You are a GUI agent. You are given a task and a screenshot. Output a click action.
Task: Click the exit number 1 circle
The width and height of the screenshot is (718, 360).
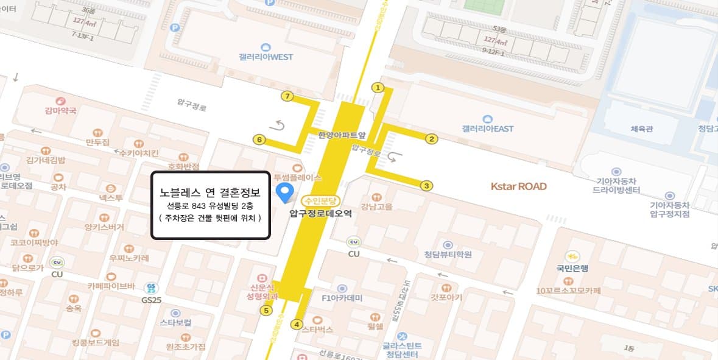(378, 88)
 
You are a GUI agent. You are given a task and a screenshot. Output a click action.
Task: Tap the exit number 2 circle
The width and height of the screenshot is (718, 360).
(431, 139)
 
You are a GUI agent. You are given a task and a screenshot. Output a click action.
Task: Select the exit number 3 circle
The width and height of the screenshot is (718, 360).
(427, 186)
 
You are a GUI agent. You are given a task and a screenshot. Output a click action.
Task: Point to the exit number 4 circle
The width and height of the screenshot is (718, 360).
(297, 324)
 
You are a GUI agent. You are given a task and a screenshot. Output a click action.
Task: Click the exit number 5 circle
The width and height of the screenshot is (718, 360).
(266, 311)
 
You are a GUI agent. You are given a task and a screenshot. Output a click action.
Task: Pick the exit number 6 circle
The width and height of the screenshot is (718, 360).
(259, 140)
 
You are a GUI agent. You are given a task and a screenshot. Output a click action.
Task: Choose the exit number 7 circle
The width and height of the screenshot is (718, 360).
(287, 96)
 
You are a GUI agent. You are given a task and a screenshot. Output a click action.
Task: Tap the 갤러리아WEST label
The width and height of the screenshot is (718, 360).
(266, 57)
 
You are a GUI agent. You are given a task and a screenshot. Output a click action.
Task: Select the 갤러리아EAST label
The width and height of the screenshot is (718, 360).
(487, 129)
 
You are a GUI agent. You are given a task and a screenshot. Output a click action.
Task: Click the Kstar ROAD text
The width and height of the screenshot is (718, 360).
(519, 186)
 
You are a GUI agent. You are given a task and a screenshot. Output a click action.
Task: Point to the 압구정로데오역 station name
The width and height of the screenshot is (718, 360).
(320, 214)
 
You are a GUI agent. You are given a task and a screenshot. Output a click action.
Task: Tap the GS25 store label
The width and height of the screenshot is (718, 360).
(151, 300)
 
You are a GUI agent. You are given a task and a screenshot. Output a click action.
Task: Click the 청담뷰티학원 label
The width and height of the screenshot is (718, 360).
(448, 254)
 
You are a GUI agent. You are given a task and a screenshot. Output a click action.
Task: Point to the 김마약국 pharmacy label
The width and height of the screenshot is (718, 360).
(60, 111)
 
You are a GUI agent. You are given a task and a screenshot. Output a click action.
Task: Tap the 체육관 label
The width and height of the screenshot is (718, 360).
(641, 129)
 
